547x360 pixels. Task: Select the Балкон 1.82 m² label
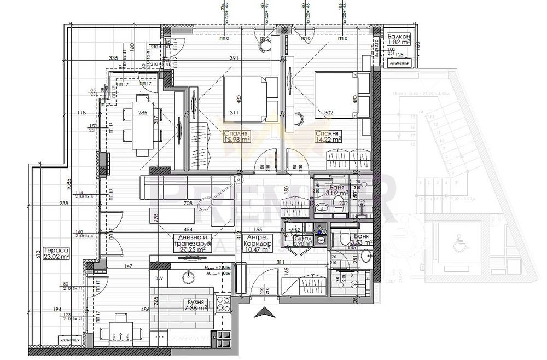point(399,38)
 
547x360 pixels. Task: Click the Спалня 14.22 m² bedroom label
point(328,136)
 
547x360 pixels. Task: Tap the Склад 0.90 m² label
point(302,241)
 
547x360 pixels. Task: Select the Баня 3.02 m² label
point(337,190)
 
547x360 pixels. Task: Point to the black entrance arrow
point(265,312)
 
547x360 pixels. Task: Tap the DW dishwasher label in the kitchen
point(159,278)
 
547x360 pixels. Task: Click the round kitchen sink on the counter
point(189,277)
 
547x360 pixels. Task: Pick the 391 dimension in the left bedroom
point(219,59)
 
